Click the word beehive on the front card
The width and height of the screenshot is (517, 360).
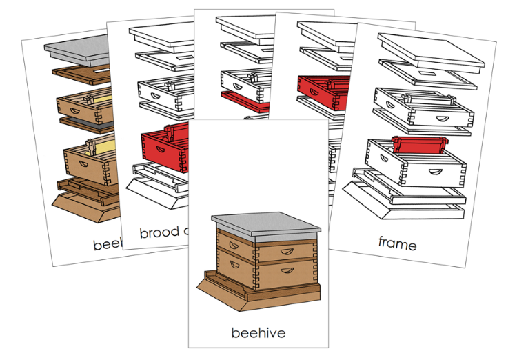258,332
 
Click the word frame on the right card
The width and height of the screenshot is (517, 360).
397,243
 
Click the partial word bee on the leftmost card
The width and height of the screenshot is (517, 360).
107,243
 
